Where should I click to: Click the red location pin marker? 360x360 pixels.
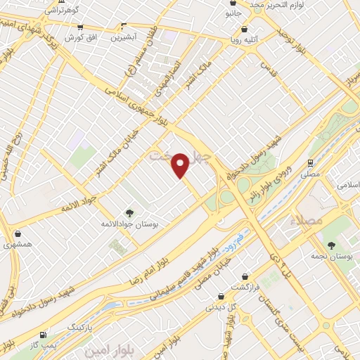(181, 165)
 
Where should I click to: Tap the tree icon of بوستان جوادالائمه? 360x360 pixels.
(128, 212)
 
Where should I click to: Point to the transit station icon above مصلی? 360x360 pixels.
(310, 162)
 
